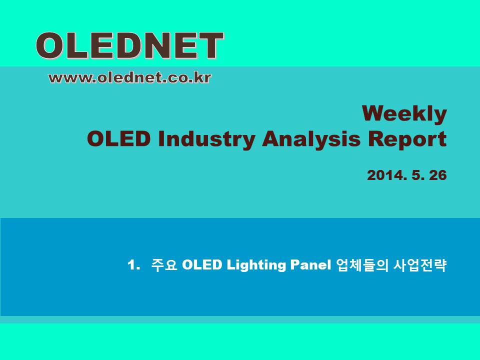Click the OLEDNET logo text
point(130,45)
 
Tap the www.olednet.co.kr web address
point(130,78)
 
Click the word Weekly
point(404,114)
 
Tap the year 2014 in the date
point(387,175)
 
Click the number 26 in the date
point(438,175)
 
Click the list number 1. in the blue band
point(134,265)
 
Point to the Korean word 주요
point(164,265)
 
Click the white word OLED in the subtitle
point(201,265)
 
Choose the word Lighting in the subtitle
point(256,265)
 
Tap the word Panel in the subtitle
point(310,265)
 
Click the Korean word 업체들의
point(362,265)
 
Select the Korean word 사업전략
point(420,265)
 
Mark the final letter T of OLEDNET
point(210,45)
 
